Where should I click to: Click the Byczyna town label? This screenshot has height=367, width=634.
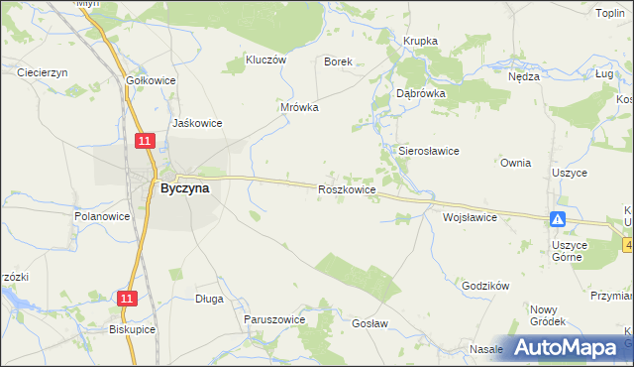click(x=184, y=187)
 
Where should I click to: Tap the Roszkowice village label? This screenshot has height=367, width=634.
click(x=346, y=188)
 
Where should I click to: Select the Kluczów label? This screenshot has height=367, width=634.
click(x=264, y=60)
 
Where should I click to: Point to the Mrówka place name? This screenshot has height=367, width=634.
click(x=298, y=108)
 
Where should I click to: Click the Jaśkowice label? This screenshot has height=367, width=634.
click(x=196, y=123)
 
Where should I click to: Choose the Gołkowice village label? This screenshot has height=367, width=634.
click(x=151, y=79)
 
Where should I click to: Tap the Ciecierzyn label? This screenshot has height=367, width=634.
click(x=42, y=72)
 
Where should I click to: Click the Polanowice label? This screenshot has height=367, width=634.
click(x=102, y=215)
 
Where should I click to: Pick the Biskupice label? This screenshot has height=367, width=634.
click(x=133, y=329)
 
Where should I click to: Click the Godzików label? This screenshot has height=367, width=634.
click(x=485, y=286)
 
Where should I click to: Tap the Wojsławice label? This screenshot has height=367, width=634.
click(x=470, y=216)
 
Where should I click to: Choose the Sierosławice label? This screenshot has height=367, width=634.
click(x=428, y=151)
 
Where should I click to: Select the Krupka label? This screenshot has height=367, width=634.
click(x=420, y=41)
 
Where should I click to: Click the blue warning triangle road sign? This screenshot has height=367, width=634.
click(x=559, y=219)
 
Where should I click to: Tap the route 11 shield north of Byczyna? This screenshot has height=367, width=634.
click(x=145, y=142)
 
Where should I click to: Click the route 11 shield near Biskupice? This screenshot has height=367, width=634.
click(x=126, y=298)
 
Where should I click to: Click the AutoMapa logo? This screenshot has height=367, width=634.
click(x=566, y=347)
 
